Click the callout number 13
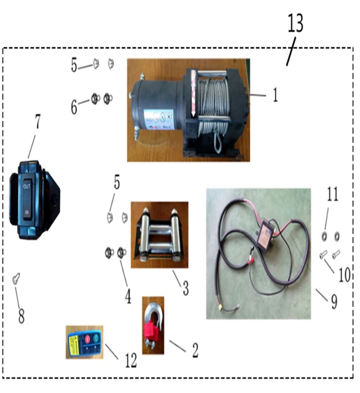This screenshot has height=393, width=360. (295, 24)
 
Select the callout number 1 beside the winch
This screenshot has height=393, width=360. (275, 95)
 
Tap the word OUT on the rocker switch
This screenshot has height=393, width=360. (27, 186)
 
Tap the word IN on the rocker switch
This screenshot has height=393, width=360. (27, 212)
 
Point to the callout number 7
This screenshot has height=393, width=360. (37, 122)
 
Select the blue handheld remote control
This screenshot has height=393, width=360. (84, 342)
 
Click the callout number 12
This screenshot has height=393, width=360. (130, 361)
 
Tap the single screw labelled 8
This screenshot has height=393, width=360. (15, 279)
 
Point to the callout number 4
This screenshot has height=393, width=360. (128, 296)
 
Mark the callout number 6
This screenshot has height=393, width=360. (74, 107)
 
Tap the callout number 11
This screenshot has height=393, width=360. (332, 194)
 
